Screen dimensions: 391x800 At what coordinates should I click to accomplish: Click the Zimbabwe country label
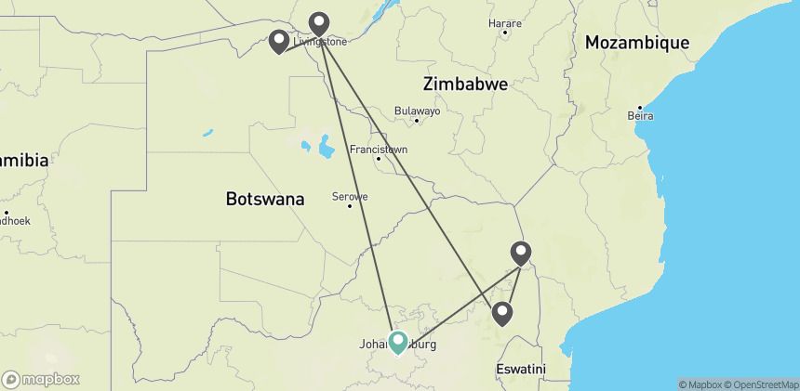click(x=465, y=84)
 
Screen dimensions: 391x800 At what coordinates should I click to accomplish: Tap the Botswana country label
click(x=265, y=199)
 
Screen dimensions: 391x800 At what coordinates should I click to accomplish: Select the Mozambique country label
click(x=637, y=43)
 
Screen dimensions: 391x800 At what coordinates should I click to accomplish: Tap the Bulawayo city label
click(x=417, y=110)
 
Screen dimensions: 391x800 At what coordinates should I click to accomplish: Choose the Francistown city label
click(x=378, y=149)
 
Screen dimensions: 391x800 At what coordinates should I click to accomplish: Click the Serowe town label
click(x=350, y=196)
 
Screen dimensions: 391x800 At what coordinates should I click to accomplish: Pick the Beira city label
click(x=640, y=116)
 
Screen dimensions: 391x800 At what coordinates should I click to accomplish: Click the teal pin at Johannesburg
click(x=398, y=342)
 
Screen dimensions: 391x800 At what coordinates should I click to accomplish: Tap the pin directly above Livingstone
click(x=319, y=22)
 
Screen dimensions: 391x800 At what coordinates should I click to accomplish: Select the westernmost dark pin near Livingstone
click(x=278, y=41)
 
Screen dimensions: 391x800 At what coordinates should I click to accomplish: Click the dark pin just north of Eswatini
click(x=502, y=313)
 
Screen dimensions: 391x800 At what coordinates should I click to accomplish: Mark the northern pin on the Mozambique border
click(x=521, y=252)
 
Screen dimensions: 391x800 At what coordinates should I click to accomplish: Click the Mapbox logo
click(x=41, y=379)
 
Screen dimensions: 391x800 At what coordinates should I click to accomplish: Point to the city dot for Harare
click(x=505, y=33)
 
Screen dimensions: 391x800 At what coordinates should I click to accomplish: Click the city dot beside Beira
click(x=640, y=105)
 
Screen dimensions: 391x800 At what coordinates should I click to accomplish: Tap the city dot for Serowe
click(x=350, y=206)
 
